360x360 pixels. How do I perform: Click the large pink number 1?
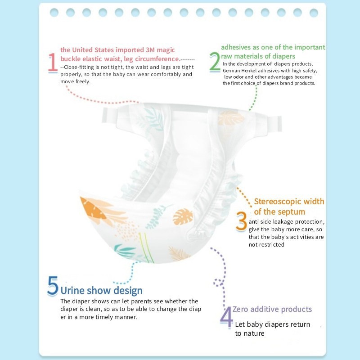(53, 63)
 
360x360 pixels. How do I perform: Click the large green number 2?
(215, 62)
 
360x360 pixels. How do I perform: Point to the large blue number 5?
(53, 286)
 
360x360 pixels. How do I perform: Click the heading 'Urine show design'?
(101, 291)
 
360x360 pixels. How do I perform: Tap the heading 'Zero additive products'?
(272, 309)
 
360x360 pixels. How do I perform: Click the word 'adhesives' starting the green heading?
(236, 47)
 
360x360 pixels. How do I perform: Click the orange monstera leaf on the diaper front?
(183, 217)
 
